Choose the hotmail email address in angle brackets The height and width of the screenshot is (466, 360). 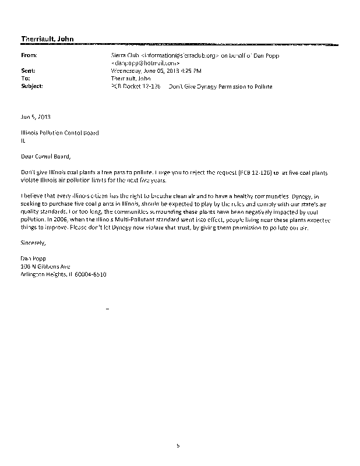point(145,63)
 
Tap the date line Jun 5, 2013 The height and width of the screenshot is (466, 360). point(33,116)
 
